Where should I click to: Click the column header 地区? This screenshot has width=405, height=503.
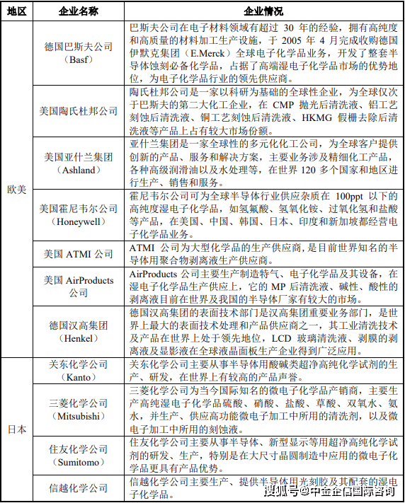click(x=16, y=11)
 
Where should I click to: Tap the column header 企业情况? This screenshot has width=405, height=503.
click(x=263, y=11)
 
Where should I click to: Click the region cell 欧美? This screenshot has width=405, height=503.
click(x=16, y=189)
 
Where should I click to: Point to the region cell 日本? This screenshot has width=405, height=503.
click(x=16, y=428)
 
